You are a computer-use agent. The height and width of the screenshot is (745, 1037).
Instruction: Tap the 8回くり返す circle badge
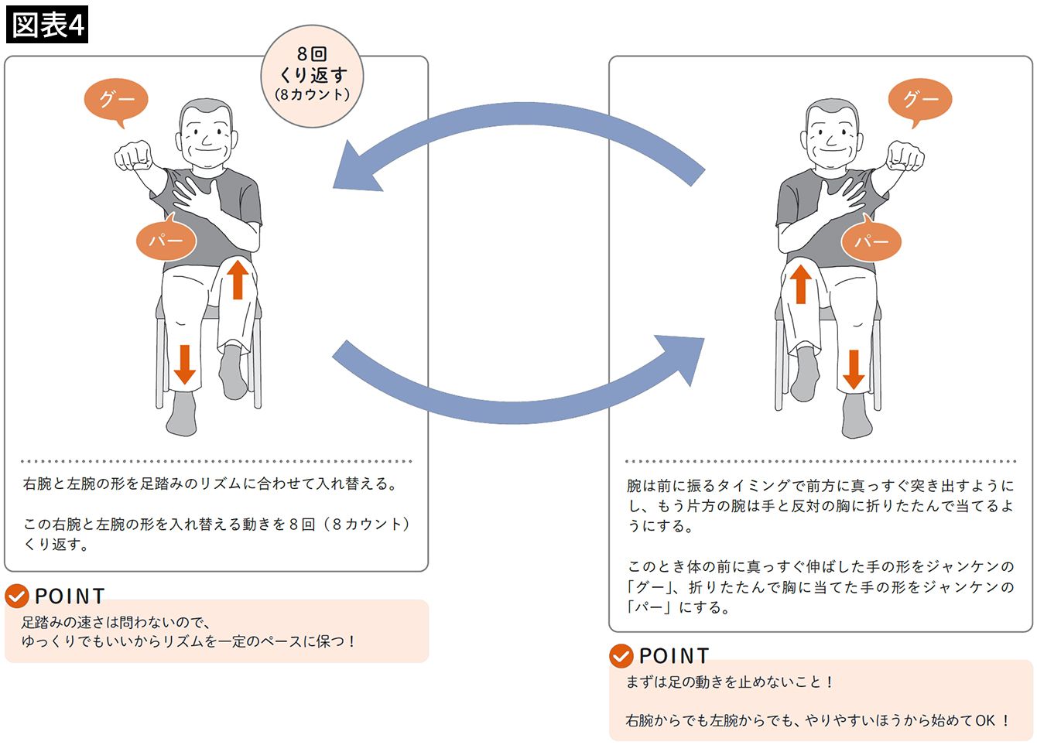coord(313,76)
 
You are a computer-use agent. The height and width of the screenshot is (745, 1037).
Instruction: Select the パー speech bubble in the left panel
coord(166,241)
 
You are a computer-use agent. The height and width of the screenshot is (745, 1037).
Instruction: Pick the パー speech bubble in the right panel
coord(871,241)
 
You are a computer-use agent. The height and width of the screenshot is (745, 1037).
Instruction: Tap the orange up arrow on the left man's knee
coord(238,279)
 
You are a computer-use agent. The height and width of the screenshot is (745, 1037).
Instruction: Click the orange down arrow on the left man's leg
coord(184,364)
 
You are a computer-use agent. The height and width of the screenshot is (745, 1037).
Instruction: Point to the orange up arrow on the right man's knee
coord(801,283)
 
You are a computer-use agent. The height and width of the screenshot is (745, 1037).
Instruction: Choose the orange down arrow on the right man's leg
coord(854,369)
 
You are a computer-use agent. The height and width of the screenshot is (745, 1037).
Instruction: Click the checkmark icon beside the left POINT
coord(17,596)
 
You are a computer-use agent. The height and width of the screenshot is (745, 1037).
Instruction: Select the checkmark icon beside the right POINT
coord(621,656)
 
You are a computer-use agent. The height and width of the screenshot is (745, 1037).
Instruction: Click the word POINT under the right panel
coord(674,656)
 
